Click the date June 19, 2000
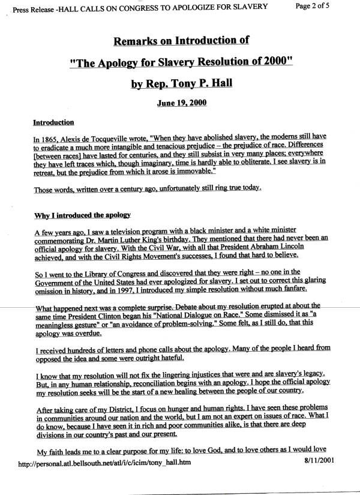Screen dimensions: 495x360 click(x=182, y=103)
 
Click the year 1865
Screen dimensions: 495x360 click(x=52, y=138)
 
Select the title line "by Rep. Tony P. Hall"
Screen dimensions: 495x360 click(x=182, y=84)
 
